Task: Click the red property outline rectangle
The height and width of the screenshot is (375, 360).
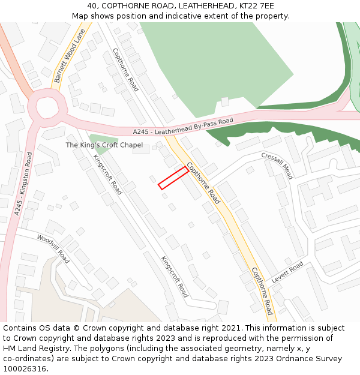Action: [173, 178]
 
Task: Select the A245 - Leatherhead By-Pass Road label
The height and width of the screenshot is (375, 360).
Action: [183, 127]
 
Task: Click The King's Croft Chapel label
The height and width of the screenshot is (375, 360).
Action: [104, 145]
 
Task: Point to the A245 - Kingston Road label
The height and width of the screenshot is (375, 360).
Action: [24, 184]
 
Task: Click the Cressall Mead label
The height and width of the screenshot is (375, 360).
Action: [277, 165]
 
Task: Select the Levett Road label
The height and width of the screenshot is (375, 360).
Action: [287, 274]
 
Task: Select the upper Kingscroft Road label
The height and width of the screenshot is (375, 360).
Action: [108, 175]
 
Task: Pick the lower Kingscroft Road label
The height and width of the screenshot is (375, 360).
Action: [175, 277]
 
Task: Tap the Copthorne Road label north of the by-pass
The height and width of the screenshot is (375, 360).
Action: [125, 70]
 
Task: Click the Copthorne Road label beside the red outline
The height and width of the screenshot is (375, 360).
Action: [203, 183]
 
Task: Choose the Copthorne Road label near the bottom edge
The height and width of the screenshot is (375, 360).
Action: [262, 291]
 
